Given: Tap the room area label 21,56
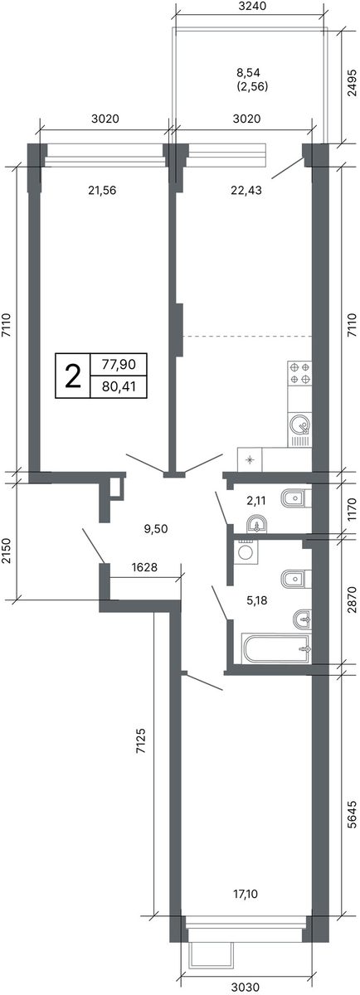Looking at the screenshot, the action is pyautogui.click(x=102, y=191).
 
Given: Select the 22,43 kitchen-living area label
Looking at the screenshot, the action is pyautogui.click(x=246, y=191).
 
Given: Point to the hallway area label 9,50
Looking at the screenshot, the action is pyautogui.click(x=156, y=529).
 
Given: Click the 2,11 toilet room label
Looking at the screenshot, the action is pyautogui.click(x=255, y=501).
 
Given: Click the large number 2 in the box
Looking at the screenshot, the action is pyautogui.click(x=73, y=376).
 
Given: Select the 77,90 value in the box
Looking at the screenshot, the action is pyautogui.click(x=119, y=365).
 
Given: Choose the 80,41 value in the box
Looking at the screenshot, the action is pyautogui.click(x=119, y=386).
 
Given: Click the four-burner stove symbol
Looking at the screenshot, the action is pyautogui.click(x=300, y=374).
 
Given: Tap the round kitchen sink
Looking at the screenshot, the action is pyautogui.click(x=299, y=425).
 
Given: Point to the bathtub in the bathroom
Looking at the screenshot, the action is pyautogui.click(x=276, y=649).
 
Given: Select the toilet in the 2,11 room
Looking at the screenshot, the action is pyautogui.click(x=296, y=499).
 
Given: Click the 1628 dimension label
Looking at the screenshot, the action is pyautogui.click(x=145, y=567).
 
